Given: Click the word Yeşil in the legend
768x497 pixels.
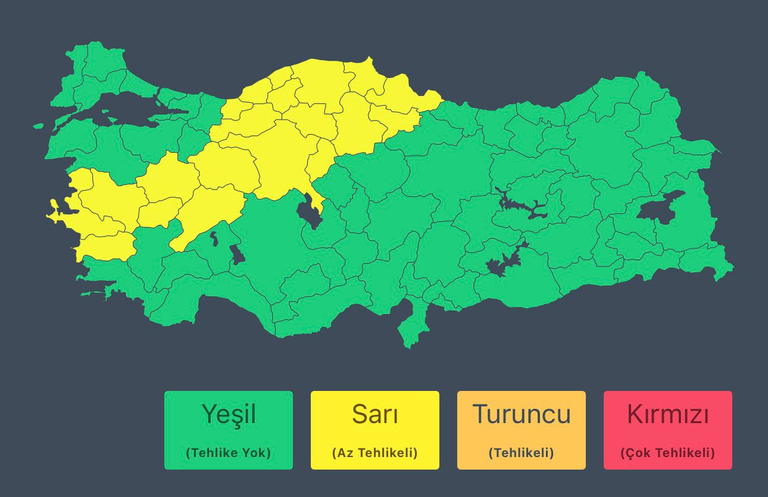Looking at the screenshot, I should (228, 414).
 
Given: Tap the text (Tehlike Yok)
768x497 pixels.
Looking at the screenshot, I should (228, 453).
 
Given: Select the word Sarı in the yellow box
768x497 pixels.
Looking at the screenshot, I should (374, 414).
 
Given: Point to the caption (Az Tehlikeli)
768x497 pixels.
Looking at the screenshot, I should (374, 453).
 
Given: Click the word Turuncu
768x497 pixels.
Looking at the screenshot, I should (521, 414).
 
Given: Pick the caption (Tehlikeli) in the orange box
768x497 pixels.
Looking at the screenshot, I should (521, 453).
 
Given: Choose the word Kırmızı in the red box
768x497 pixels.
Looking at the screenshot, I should (667, 414).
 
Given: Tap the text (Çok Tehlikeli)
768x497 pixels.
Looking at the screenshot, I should (667, 453).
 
